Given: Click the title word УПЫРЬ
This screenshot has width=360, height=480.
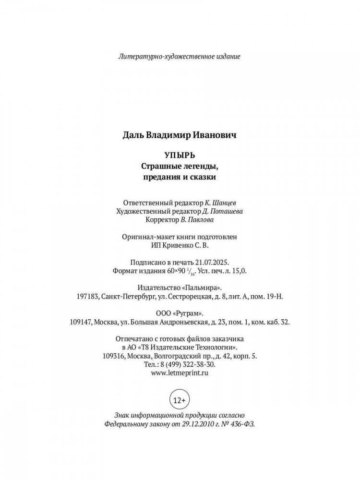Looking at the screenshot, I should pyautogui.click(x=180, y=156).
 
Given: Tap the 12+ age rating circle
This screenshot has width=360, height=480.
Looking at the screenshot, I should pyautogui.click(x=180, y=399).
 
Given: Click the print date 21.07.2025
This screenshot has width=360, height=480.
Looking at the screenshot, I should pyautogui.click(x=213, y=263).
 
